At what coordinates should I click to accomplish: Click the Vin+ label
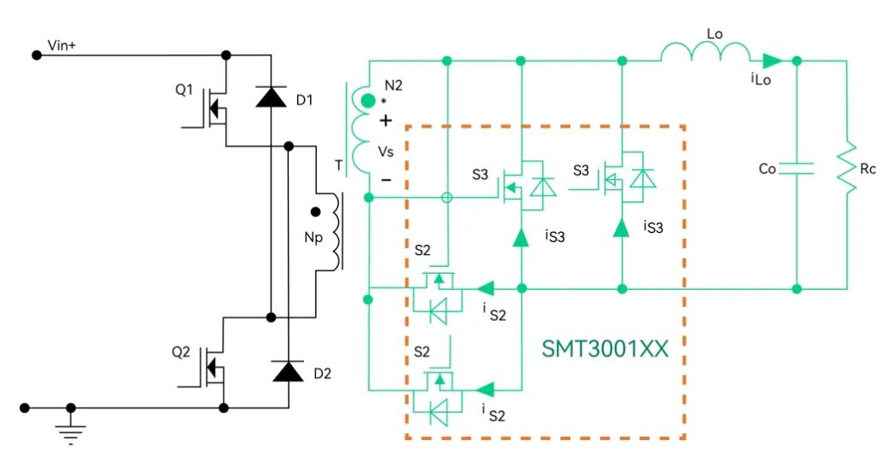(62, 46)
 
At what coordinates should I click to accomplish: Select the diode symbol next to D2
(288, 371)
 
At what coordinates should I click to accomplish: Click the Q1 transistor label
(184, 88)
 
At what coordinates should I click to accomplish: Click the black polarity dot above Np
(315, 212)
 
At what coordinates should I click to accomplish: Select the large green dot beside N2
(368, 101)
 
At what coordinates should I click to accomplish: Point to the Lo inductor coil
(704, 55)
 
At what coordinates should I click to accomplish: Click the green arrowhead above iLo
(772, 61)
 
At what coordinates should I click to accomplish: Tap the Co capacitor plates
(797, 170)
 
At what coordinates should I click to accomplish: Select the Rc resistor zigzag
(847, 170)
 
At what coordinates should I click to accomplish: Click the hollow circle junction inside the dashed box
(446, 198)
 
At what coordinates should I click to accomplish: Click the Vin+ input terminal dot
(37, 55)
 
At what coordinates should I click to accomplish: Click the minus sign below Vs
(386, 180)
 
